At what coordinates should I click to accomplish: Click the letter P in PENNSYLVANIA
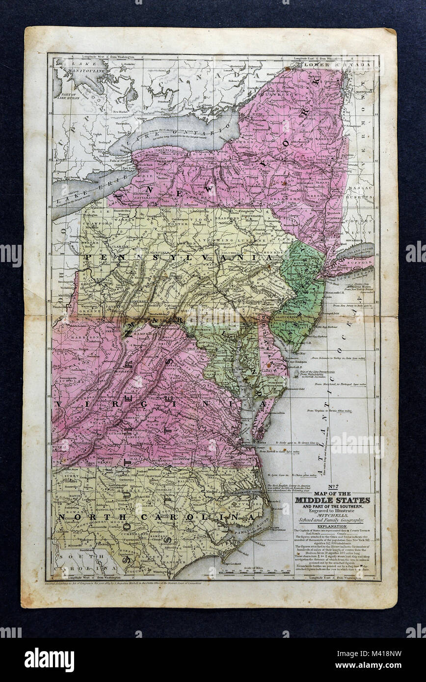[89, 257]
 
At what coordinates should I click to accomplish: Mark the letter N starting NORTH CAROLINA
[61, 517]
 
